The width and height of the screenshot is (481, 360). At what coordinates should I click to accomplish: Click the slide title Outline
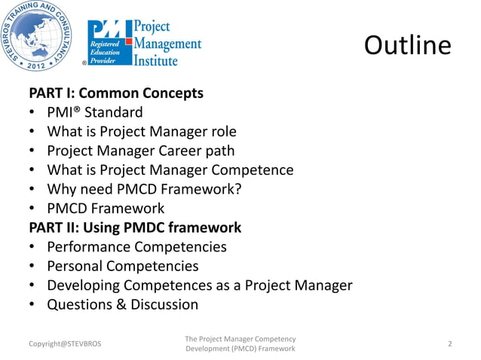point(407,46)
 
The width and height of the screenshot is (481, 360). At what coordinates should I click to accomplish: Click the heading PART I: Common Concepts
point(115,94)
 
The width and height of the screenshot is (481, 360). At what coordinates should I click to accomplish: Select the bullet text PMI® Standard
point(94,113)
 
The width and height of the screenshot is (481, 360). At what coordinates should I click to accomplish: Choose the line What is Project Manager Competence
point(170,170)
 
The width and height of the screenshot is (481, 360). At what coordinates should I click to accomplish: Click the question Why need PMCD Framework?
point(144,189)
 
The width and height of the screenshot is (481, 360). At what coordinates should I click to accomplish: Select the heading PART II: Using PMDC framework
point(135,227)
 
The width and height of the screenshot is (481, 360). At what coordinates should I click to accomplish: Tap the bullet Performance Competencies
point(136,247)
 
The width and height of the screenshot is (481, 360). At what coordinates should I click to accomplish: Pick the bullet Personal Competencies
point(123,266)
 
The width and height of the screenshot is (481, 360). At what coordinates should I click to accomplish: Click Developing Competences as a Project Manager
point(200,285)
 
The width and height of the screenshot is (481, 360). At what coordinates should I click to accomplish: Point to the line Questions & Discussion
point(123,304)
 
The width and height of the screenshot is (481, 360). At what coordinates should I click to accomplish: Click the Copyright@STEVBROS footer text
point(64,344)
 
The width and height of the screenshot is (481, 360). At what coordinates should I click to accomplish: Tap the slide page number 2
point(450,344)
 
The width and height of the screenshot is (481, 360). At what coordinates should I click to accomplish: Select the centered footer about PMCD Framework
point(240,344)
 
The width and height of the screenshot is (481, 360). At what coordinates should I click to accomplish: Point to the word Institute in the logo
point(156,59)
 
